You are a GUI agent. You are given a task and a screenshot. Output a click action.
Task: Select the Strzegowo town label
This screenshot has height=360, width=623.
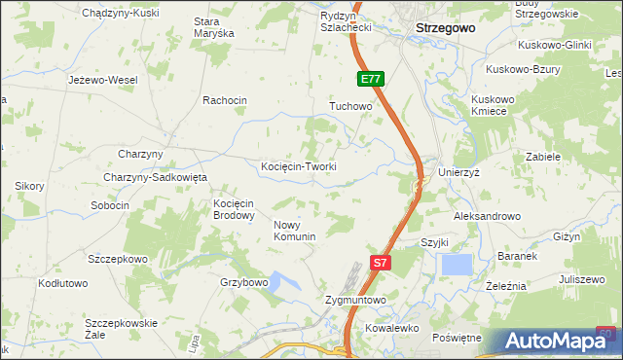445,28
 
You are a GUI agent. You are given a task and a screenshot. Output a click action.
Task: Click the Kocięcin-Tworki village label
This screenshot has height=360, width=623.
299,166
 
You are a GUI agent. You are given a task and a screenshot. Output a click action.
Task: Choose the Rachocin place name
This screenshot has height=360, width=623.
225,100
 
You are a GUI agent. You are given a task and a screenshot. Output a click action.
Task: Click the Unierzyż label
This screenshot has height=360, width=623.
460,171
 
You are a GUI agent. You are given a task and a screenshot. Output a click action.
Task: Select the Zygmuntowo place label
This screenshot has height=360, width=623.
355,301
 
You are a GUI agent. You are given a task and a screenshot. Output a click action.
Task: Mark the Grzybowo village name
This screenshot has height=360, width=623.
243,282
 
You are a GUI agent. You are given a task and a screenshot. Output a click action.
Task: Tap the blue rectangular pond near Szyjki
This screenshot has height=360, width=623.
457,264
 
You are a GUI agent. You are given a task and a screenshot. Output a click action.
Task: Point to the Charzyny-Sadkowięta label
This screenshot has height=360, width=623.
156,177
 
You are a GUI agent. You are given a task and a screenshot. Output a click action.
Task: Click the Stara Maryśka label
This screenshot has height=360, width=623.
214,26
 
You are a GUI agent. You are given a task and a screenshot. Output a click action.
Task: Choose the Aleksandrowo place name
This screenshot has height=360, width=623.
488,216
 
